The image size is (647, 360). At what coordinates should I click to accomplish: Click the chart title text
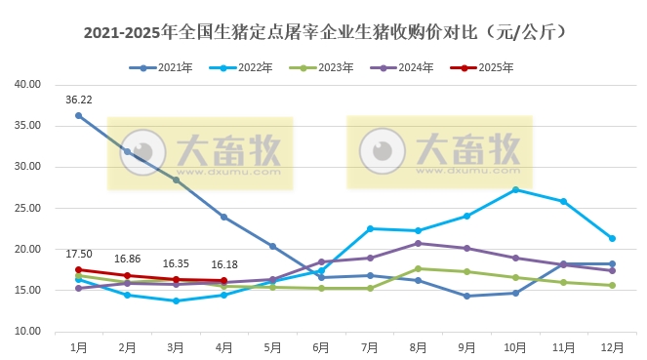323,32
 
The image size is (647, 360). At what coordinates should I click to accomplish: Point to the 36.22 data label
79,100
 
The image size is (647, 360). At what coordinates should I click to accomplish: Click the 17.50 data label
79,254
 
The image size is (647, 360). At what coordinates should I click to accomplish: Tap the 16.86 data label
128,260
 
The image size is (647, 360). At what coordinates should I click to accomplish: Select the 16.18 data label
224,264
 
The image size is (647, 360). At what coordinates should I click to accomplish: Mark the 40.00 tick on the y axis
27,84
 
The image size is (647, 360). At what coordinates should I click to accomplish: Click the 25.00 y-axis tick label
27,208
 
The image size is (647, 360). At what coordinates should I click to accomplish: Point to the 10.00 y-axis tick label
27,332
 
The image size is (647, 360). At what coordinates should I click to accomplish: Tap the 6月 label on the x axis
320,346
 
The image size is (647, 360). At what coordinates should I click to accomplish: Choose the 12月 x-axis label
611,346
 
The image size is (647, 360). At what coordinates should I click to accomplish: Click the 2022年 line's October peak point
515,189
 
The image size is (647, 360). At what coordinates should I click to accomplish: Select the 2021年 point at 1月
78,115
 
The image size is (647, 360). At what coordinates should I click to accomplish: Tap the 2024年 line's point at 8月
418,243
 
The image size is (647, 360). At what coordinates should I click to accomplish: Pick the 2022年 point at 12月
612,238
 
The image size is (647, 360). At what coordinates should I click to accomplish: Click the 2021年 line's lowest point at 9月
466,296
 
